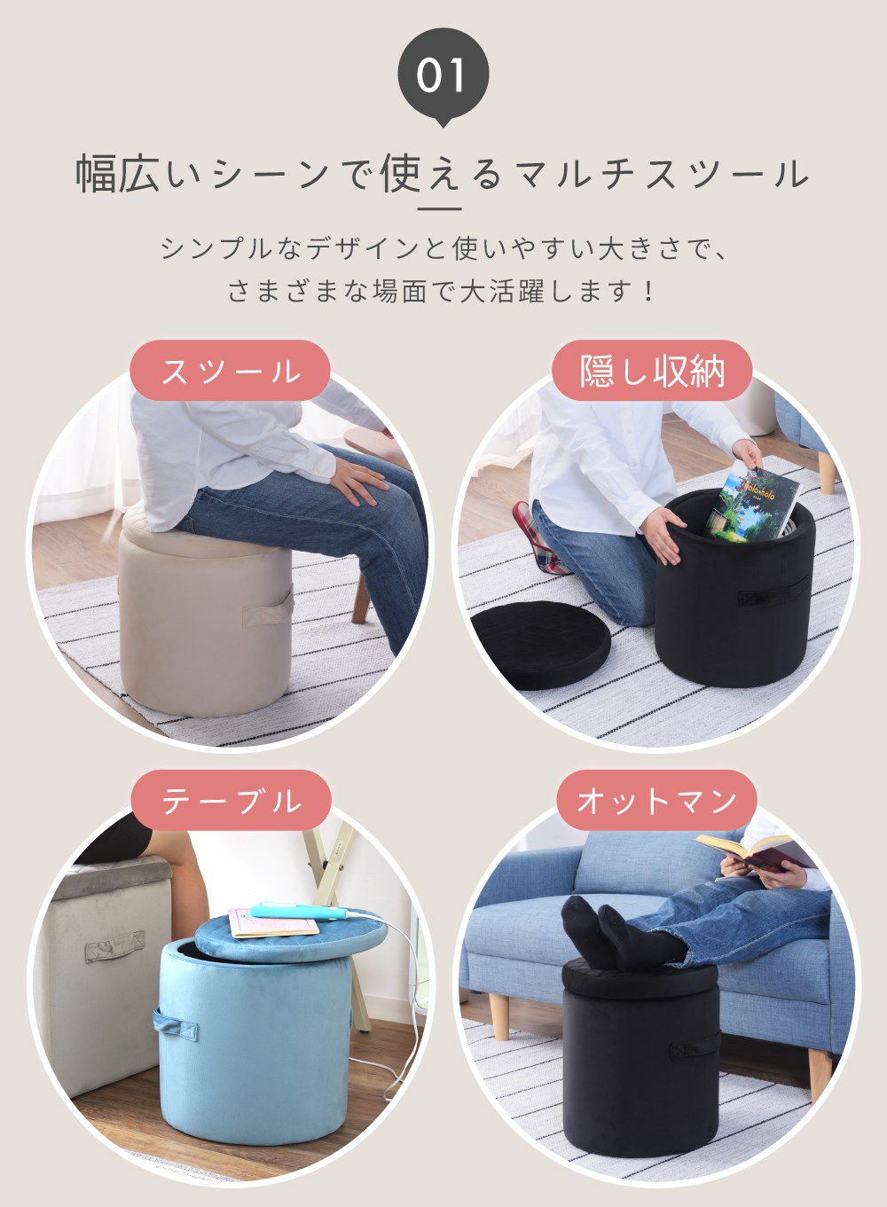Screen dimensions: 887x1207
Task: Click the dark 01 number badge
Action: [x=443, y=75]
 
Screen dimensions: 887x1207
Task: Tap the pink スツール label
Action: [x=230, y=371]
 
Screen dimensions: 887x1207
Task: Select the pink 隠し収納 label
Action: [x=652, y=371]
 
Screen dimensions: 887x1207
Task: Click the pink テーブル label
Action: [x=231, y=800]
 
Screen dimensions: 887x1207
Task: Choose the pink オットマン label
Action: [x=656, y=800]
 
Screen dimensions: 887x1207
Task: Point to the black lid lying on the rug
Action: [x=540, y=645]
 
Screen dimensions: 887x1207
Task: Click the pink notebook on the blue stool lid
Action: [x=272, y=922]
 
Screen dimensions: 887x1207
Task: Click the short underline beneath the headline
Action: [x=440, y=209]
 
